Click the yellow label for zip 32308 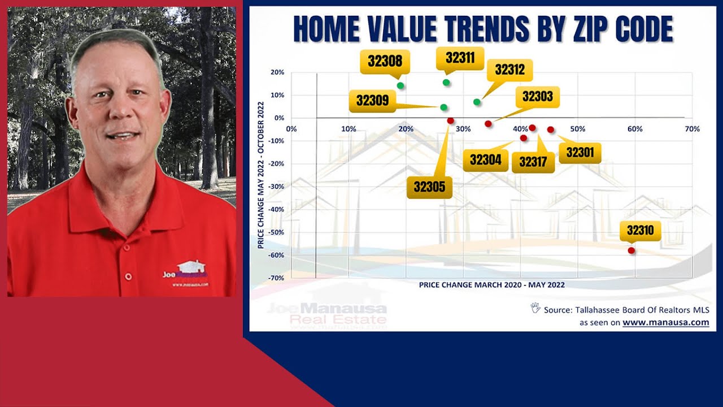[385, 61]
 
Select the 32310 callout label [640, 231]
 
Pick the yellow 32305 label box [429, 187]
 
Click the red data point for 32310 [631, 250]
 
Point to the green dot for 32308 [400, 85]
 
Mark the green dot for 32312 [477, 102]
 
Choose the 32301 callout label [580, 152]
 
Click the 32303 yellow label [537, 97]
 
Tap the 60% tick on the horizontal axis [635, 129]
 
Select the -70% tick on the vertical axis [277, 278]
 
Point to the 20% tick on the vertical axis [277, 72]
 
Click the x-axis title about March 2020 [491, 285]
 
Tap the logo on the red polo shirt [185, 270]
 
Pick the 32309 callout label [372, 101]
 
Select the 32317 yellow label [533, 162]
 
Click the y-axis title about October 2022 [260, 175]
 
